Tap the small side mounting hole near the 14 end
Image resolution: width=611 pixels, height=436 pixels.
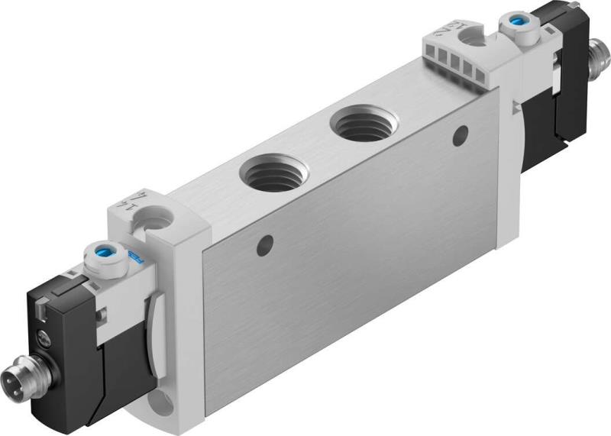click(265, 245)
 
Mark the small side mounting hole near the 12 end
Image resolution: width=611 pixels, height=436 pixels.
click(459, 137)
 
